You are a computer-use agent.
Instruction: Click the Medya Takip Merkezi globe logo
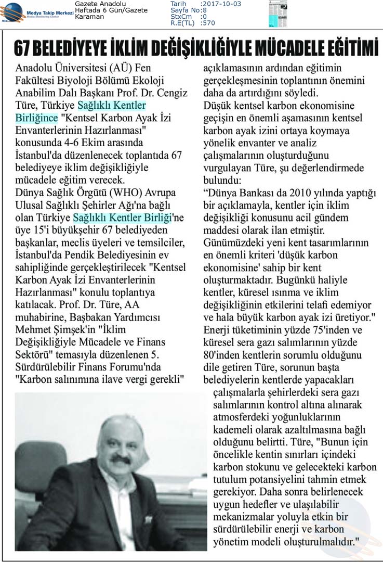click(x=12, y=11)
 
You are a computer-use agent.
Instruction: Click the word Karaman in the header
click(x=89, y=17)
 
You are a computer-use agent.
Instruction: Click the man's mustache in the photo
click(x=121, y=460)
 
